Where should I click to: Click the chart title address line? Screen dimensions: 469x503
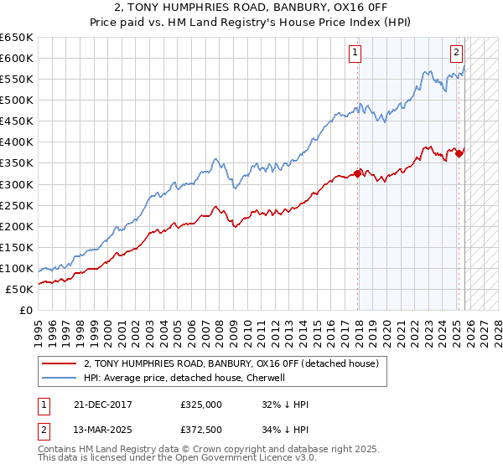pos(251,8)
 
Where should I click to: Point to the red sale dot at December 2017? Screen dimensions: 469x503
pos(358,173)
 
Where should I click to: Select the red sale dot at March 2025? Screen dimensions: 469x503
pos(459,153)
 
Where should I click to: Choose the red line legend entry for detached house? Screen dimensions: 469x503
pos(231,363)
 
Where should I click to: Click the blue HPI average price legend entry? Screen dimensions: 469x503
pos(184,379)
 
